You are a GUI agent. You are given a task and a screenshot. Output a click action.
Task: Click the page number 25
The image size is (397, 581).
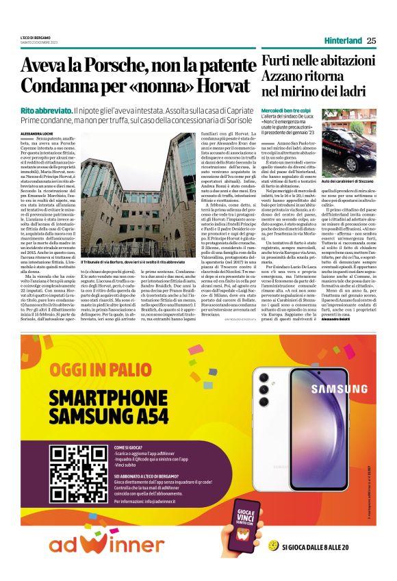371,40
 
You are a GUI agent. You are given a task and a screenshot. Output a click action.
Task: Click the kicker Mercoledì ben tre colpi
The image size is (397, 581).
287,109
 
